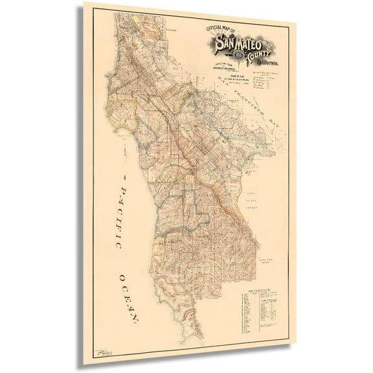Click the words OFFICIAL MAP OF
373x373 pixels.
[221, 29]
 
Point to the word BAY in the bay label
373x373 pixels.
[280, 118]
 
